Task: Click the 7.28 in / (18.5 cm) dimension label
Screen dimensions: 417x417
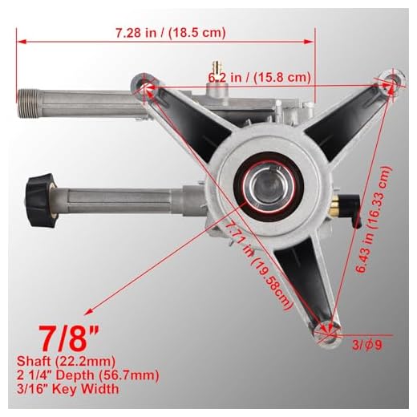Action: tap(171, 33)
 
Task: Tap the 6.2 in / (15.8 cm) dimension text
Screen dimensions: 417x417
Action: tap(260, 78)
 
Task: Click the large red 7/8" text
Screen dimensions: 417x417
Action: tap(69, 338)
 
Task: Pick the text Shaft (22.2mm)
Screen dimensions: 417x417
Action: tap(66, 361)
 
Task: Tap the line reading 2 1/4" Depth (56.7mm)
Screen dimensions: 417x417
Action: tap(88, 374)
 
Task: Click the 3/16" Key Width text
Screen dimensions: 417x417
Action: tap(67, 388)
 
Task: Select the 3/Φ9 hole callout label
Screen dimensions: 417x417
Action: tap(366, 345)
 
